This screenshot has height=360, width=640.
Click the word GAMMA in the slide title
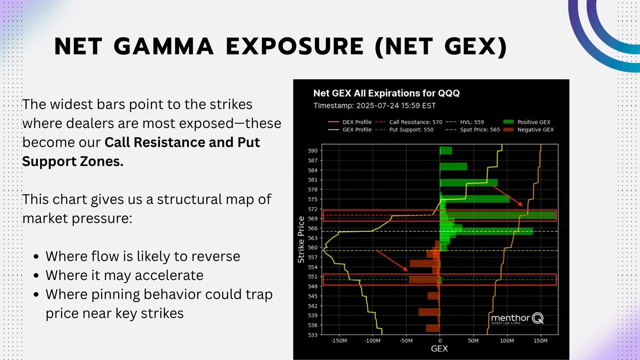pos(163,46)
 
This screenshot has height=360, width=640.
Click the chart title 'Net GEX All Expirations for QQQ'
pos(386,93)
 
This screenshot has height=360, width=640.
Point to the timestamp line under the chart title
pos(374,106)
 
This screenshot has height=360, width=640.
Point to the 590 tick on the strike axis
pos(313,151)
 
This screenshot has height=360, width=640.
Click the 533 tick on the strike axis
pos(313,335)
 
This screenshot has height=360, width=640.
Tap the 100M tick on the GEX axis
pos(507,341)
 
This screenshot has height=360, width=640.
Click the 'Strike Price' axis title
pos(301,239)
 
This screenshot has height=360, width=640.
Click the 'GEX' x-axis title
pos(439,349)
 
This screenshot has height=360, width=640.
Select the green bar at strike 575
pos(475,199)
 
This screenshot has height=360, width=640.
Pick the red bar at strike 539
pos(429,312)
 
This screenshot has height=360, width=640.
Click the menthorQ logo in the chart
pos(517,319)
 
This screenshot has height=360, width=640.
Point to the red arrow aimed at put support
pos(392,261)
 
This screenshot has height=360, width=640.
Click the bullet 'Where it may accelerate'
pos(124,275)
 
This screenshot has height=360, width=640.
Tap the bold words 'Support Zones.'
pos(73,161)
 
